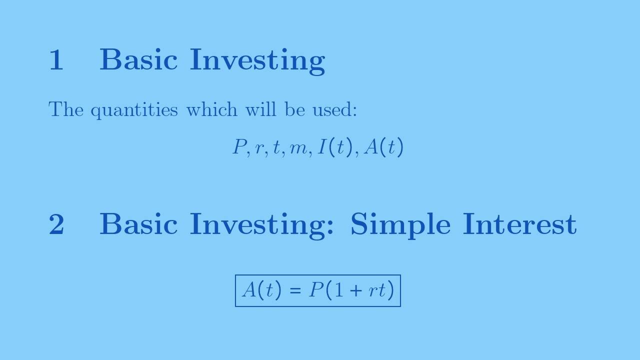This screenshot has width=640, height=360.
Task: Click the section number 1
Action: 56,60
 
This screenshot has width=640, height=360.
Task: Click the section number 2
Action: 56,224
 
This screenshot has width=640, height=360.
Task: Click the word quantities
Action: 134,110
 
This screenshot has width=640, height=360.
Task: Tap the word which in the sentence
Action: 211,109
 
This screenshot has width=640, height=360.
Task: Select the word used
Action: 333,109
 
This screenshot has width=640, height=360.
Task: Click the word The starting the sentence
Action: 66,109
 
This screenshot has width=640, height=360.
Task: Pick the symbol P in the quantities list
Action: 239,147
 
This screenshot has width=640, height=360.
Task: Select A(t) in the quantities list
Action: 383,147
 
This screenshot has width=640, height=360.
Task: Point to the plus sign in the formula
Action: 355,290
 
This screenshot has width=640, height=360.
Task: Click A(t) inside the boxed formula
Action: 261,290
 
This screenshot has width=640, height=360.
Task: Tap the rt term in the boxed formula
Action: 378,290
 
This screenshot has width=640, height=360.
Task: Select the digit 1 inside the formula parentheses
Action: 339,290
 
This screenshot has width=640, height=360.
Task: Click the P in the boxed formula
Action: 316,290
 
